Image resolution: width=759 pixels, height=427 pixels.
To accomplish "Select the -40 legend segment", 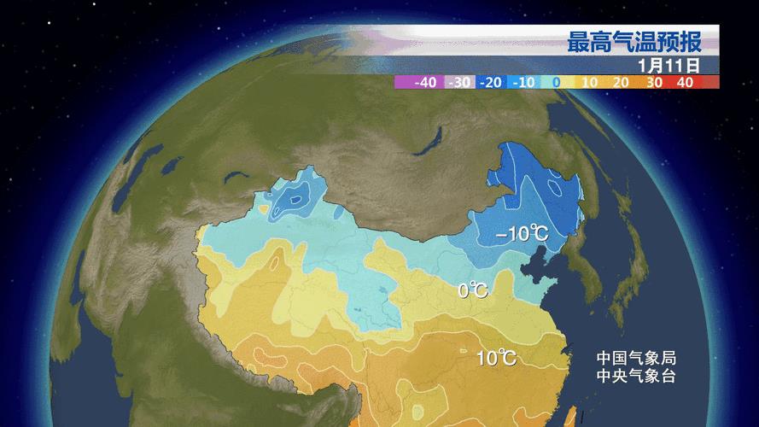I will tap(424, 83).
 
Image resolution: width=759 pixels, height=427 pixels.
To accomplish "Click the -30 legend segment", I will tap(459, 83).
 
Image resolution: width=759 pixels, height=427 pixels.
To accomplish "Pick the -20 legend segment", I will tap(490, 83).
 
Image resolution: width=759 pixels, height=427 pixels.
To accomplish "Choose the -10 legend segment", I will tap(522, 83).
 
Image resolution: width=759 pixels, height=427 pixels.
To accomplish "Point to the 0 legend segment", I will tap(555, 83).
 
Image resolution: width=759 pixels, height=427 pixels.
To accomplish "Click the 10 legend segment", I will tap(588, 83).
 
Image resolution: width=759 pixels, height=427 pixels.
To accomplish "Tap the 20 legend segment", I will tap(621, 83).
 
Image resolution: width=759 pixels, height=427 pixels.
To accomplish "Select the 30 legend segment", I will tap(654, 83).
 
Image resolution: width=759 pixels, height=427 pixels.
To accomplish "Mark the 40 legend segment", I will tap(685, 83).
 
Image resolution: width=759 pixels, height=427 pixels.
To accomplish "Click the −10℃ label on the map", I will tap(523, 234).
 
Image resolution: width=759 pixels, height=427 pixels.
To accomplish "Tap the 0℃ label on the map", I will tap(473, 291).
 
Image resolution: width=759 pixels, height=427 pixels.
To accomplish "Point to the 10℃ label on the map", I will tap(496, 357).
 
